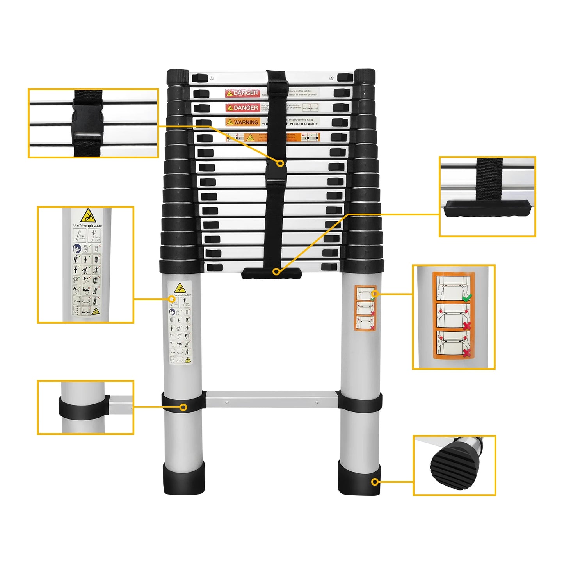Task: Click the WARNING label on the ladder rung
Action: coord(242,122)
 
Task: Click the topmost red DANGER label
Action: coord(242,93)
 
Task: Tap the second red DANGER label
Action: coord(242,108)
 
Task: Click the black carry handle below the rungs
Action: coord(271,274)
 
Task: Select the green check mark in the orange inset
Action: coord(466,298)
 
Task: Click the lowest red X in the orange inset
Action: coord(466,353)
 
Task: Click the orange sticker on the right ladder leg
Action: coord(365,308)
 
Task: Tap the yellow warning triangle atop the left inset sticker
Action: coord(88,216)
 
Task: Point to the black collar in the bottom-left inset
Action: coord(84,407)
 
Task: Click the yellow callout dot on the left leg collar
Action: coord(183,407)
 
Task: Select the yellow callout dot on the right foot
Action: coord(375,482)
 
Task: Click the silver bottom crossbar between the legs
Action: coord(271,400)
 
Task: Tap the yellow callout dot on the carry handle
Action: coord(276,271)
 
